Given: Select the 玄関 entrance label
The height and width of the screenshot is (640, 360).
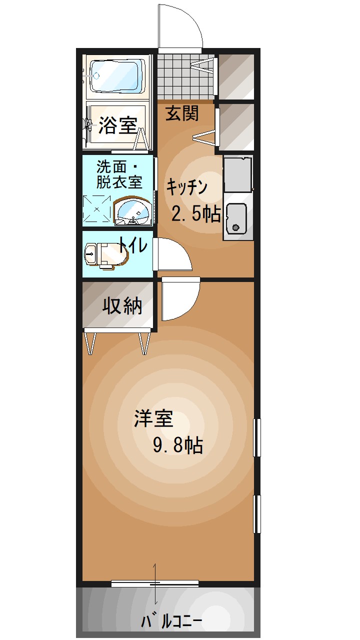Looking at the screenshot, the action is click(x=182, y=113).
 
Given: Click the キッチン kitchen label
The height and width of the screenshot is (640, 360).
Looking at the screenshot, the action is click(x=187, y=187).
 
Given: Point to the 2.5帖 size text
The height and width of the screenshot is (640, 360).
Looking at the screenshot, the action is click(x=196, y=213).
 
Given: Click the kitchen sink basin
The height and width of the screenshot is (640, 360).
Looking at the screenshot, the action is click(x=236, y=218).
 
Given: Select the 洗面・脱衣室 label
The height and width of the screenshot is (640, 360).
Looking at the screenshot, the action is click(x=119, y=174).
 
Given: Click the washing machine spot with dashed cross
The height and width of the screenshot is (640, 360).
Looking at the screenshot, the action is click(x=96, y=209).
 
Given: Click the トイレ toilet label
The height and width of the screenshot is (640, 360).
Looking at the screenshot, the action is click(x=133, y=245).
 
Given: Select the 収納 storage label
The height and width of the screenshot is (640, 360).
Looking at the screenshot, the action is click(x=122, y=306).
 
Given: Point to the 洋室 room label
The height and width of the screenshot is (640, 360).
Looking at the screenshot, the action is click(x=154, y=418).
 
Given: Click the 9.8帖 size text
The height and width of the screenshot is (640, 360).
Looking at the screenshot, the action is click(x=178, y=444).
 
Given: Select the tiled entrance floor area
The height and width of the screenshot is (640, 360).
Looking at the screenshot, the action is click(x=185, y=77).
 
